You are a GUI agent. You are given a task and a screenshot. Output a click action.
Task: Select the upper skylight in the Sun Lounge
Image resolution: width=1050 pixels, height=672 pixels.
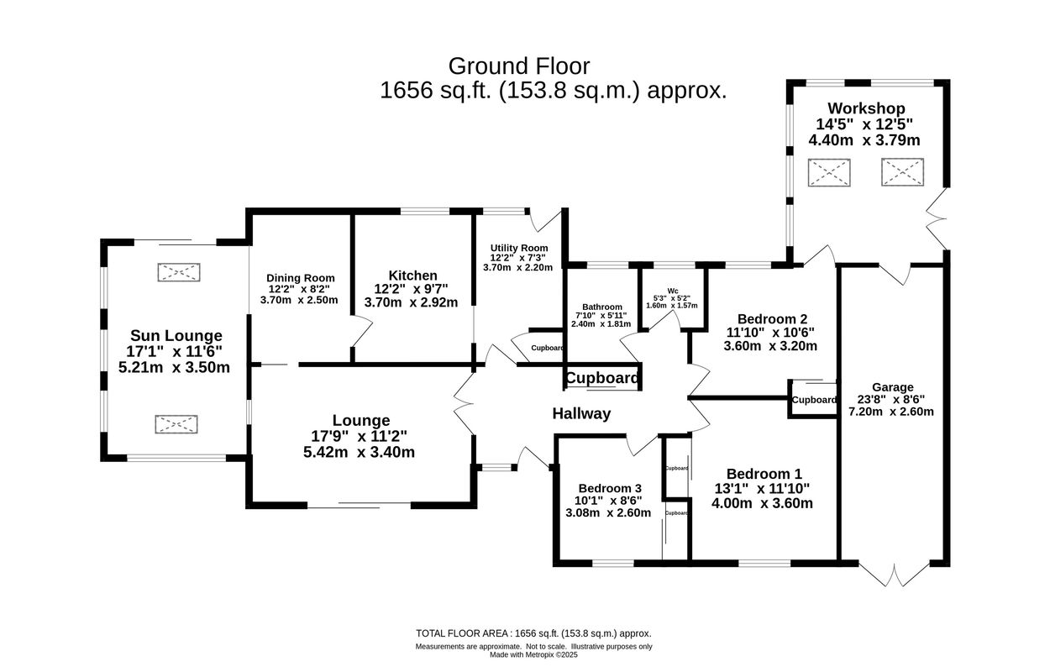coord(178,272)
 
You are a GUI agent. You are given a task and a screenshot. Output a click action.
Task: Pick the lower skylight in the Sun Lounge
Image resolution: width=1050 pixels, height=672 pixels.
coord(176,424)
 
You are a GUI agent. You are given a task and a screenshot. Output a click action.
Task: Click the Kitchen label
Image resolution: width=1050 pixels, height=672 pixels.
coord(412,276)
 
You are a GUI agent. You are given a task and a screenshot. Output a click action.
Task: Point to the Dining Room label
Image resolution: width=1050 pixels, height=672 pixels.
coord(301,278)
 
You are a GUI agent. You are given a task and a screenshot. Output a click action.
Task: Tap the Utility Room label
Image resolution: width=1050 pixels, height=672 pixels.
coord(519,248)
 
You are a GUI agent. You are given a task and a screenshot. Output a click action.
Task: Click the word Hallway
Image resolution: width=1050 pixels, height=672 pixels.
coord(581,413)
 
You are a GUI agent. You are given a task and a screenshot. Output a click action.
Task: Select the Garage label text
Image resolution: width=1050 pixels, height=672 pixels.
coord(892,387)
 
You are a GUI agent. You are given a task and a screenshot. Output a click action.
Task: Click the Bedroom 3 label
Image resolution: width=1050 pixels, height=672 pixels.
coord(610,488)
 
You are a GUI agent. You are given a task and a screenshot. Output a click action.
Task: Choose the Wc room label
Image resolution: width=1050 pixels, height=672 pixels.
coord(673,290)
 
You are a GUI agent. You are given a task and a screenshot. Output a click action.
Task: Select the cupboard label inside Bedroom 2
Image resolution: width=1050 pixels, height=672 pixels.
coord(814,400)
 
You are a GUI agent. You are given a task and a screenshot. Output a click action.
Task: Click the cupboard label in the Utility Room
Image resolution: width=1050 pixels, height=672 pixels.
coord(547,348)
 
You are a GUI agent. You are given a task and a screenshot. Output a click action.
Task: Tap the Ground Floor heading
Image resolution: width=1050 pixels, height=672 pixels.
coord(519,66)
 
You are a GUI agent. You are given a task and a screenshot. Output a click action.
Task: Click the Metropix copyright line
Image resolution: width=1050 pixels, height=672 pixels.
coord(533,655)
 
